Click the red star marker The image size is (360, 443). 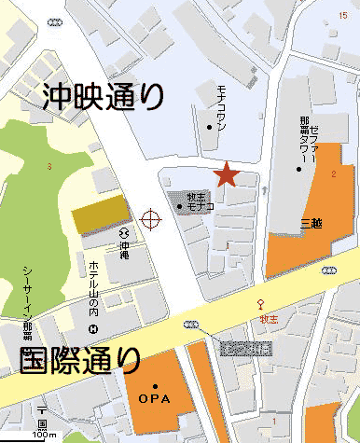(x=225, y=174)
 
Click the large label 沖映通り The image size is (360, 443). (x=104, y=95)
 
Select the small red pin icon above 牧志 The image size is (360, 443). (x=261, y=303)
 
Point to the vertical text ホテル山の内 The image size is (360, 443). (x=93, y=287)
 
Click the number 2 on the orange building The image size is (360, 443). (x=332, y=174)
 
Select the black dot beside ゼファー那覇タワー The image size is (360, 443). (x=299, y=168)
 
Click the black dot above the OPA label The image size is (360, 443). (x=155, y=386)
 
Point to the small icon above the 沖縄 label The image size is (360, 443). (x=123, y=231)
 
